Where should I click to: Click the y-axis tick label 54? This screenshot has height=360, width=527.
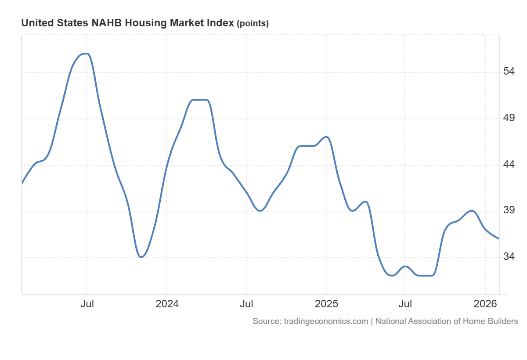coord(509,72)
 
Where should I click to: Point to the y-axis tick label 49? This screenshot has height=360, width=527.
coord(509,118)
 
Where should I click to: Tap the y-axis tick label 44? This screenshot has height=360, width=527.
coord(509,165)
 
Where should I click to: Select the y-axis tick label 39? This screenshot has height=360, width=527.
coord(509,210)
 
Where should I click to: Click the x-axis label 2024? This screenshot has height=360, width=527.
coord(166,304)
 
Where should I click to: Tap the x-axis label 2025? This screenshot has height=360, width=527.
coord(326,304)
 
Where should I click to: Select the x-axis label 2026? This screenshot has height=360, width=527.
coord(485,304)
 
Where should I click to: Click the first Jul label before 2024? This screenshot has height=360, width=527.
coord(87,304)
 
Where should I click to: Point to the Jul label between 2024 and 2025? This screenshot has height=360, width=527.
coord(246,304)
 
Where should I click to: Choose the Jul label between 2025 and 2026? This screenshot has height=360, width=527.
coord(405,304)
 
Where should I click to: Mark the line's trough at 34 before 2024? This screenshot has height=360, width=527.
coord(141,257)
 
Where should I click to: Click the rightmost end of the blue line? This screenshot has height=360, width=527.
coord(498,238)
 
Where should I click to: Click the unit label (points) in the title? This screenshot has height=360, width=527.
coord(253,24)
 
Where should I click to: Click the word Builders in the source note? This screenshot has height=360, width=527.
coord(501,321)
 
